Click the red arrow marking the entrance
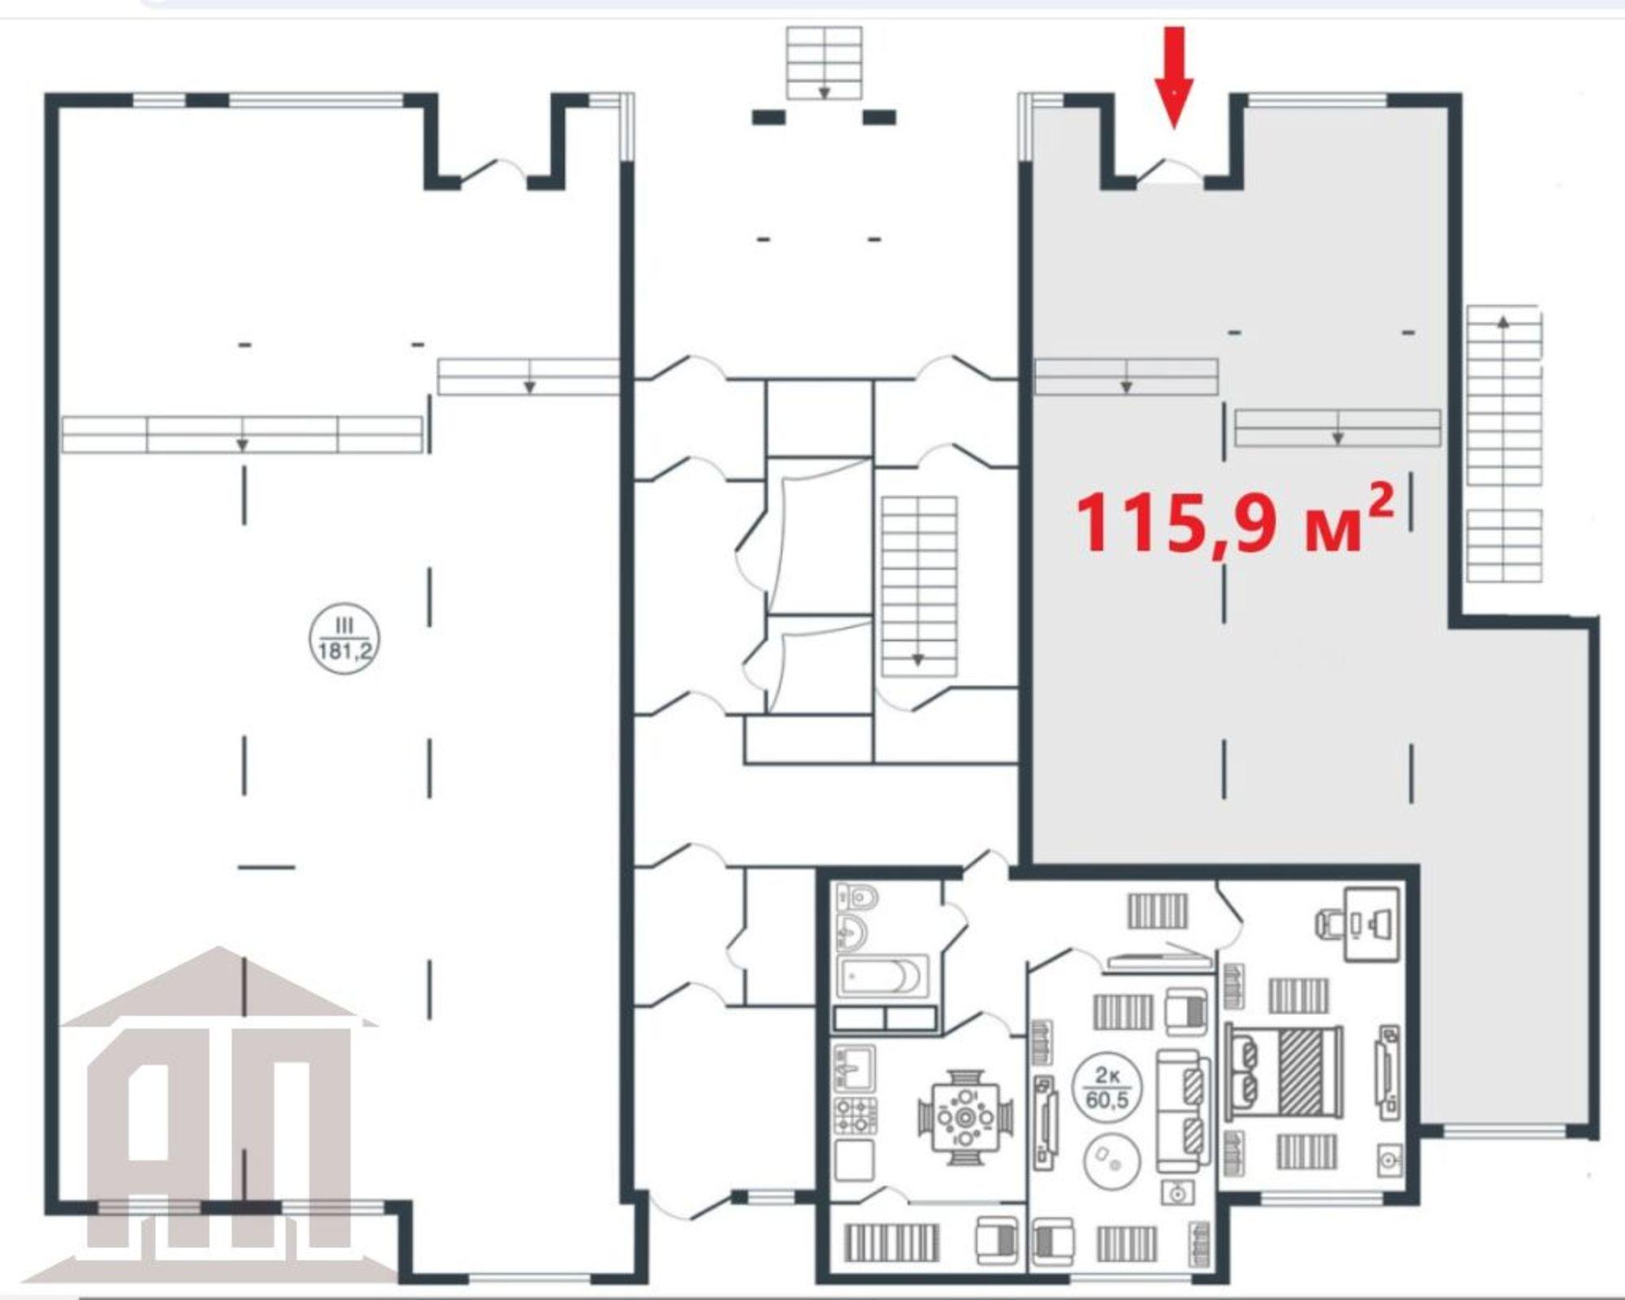[x=1174, y=77]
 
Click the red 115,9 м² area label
[x=1236, y=520]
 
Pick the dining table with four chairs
[x=966, y=1118]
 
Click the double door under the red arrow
[x=1170, y=171]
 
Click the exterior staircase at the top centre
[x=824, y=63]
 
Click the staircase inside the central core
[x=919, y=587]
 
